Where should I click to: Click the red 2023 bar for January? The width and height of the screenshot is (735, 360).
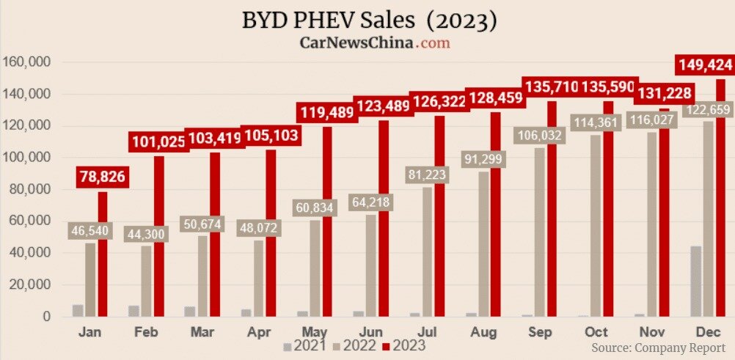[x=102, y=257]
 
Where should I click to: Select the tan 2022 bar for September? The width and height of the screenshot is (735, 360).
[x=540, y=235]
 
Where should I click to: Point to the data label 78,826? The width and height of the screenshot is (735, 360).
[x=103, y=177]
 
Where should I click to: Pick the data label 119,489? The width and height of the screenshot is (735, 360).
[x=326, y=112]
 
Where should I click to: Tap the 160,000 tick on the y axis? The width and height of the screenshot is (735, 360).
[x=26, y=62]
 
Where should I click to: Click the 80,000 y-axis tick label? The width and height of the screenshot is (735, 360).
[x=29, y=189]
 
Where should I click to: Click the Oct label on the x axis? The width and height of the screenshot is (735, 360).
[x=596, y=332]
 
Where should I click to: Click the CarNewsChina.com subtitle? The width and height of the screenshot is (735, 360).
[x=374, y=43]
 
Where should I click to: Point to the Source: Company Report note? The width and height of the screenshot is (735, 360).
[x=658, y=346]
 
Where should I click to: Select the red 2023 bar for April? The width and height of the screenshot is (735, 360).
[x=271, y=235]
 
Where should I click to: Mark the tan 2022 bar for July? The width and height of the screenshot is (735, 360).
[x=427, y=253]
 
